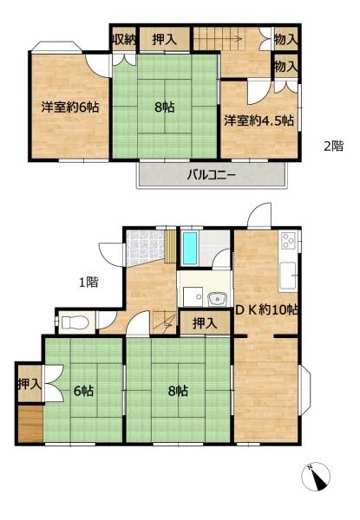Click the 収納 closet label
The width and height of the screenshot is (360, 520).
click(123, 39)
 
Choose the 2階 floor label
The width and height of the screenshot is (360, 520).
click(334, 146)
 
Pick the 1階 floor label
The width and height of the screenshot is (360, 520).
click(87, 281)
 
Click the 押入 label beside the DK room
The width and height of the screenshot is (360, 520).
click(204, 323)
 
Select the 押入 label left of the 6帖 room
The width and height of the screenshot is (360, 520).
click(29, 383)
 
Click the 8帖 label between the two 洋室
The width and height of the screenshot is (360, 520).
click(162, 107)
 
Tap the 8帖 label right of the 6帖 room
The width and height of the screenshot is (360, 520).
click(178, 392)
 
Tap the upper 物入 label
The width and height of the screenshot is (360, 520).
click(285, 39)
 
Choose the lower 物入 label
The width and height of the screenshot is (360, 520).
click(285, 66)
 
